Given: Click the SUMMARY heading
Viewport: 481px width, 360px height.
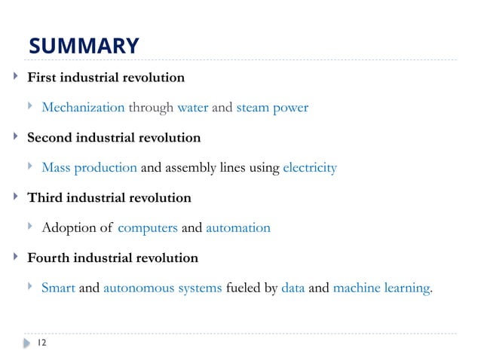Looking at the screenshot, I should click(84, 47).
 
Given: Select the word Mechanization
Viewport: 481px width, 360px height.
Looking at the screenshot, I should click(83, 108).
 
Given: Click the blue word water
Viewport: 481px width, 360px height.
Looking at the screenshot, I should click(192, 108).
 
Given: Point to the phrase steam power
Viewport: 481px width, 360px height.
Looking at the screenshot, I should click(272, 108).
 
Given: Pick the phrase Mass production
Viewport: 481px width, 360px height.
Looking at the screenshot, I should click(89, 167).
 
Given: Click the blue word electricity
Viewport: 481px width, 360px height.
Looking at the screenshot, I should click(310, 167).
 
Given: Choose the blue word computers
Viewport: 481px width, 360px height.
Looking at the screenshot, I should click(148, 227).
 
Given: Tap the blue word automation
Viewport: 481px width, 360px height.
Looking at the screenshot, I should click(237, 227).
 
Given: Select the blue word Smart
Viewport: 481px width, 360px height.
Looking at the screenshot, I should click(58, 287).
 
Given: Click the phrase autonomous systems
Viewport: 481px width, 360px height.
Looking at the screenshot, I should click(162, 287).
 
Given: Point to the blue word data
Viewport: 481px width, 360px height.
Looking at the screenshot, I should click(293, 287).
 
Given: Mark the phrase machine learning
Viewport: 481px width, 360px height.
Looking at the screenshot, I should click(381, 287).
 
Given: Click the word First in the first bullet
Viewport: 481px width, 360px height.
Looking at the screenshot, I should click(41, 78).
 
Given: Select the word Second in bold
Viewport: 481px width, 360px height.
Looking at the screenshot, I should click(49, 138).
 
